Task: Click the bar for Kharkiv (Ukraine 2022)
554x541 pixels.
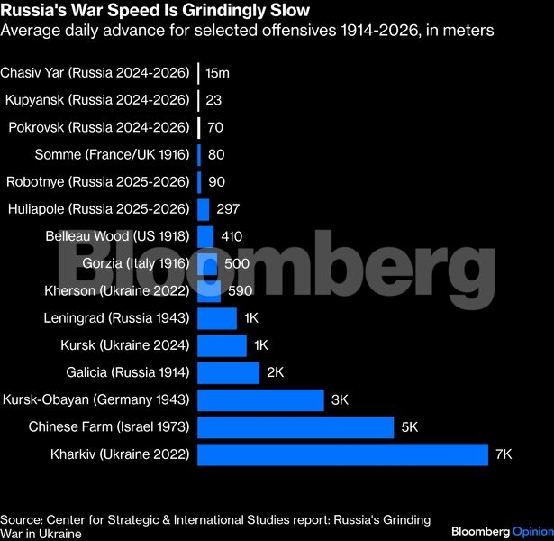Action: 342,454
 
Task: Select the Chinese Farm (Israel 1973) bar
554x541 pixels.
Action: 295,427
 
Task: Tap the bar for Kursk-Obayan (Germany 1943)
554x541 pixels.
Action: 260,400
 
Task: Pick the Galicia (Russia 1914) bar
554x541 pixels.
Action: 228,372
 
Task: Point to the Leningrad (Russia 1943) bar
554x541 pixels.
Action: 217,318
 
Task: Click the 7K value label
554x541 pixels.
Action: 504,454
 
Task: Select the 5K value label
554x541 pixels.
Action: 409,427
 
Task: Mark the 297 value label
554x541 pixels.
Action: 228,209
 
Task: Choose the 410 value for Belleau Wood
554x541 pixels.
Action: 232,237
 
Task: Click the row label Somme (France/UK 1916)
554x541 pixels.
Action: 112,154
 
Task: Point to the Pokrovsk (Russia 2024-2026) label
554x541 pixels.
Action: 99,127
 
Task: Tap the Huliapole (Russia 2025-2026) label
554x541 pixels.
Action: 99,209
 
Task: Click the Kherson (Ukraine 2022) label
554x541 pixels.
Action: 117,291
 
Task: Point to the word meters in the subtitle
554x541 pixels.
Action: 465,32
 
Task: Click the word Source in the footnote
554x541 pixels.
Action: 22,520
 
